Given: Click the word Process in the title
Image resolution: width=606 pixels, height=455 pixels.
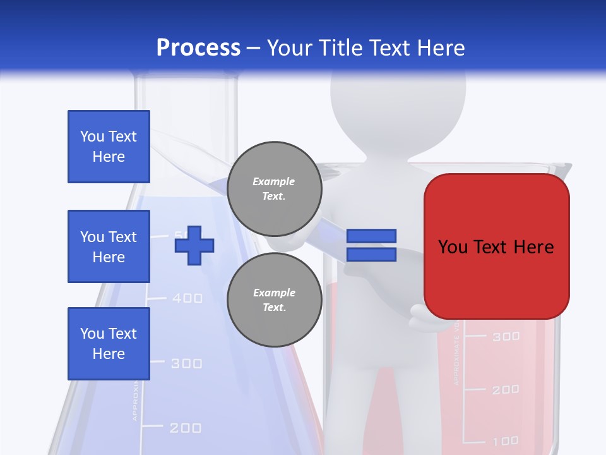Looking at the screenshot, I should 198,47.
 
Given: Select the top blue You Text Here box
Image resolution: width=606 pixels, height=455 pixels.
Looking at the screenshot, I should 109,147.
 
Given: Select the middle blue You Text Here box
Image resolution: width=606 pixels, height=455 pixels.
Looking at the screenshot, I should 109,246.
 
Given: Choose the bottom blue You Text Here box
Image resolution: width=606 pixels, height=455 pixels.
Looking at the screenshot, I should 109,344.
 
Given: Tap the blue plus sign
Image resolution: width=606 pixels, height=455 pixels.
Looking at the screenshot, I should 194,245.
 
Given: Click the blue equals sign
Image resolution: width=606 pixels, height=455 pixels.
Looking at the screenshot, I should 371,245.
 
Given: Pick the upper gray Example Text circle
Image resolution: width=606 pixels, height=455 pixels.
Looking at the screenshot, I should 274,188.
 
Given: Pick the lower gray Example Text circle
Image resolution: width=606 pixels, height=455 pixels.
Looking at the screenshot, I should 274,300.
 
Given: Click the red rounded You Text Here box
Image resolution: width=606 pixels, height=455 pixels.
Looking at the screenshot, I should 496,246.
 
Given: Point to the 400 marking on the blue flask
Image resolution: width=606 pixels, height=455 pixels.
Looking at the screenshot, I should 187,298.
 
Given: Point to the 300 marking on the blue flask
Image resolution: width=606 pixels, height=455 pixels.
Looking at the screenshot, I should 186,363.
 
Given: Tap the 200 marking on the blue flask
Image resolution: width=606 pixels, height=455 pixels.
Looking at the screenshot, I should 186,428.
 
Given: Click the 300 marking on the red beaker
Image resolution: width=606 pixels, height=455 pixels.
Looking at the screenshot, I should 506,336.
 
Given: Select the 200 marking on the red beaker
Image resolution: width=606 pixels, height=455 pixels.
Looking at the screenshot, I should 506,390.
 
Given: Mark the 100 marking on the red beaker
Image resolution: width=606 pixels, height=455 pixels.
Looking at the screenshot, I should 506,440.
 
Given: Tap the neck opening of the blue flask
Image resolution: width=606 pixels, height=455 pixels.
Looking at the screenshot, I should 187,79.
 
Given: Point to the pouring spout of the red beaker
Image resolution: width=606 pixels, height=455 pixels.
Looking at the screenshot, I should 564,169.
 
